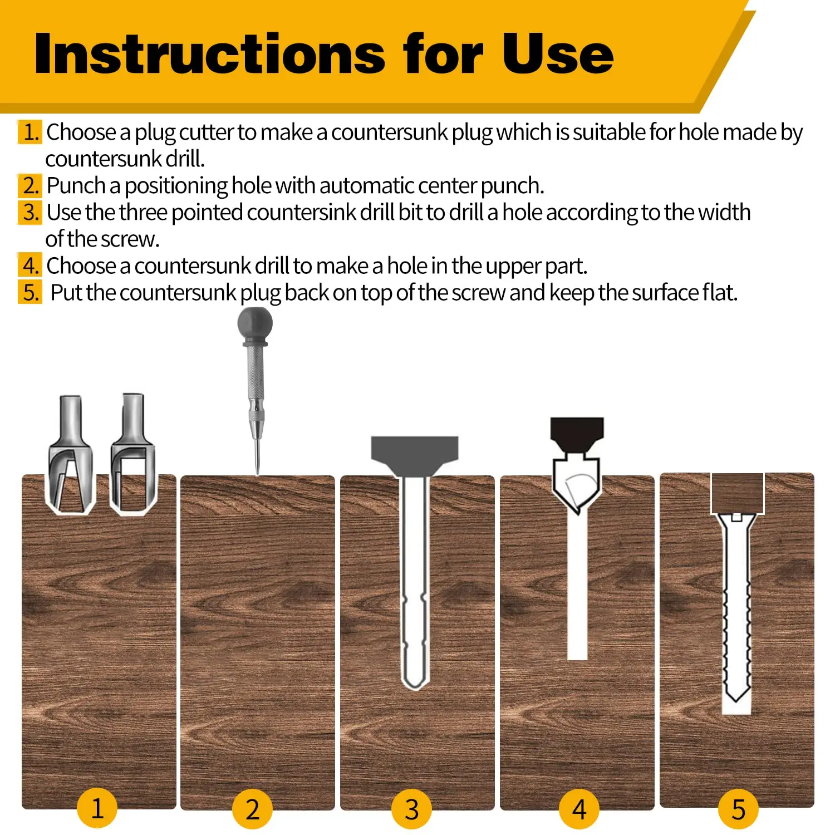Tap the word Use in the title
(557, 54)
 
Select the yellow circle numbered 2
(252, 809)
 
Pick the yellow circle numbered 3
(412, 809)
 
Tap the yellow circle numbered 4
(579, 809)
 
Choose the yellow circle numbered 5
(738, 809)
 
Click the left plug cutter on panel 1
(70, 456)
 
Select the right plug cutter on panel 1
(133, 456)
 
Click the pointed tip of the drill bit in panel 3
(415, 686)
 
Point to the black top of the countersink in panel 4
(577, 431)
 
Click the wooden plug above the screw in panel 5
(738, 493)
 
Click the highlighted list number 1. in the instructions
(30, 132)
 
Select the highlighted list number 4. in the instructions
(30, 266)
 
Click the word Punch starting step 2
(76, 186)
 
